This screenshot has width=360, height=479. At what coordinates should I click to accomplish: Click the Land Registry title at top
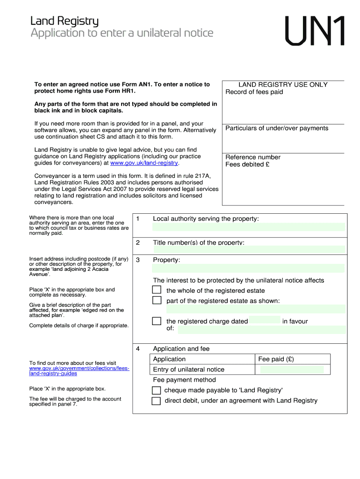(x=65, y=21)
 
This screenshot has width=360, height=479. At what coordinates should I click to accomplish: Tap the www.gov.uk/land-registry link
(x=144, y=163)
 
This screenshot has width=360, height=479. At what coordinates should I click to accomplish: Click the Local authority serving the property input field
(x=248, y=227)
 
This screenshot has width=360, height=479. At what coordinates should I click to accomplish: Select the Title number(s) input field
(x=248, y=249)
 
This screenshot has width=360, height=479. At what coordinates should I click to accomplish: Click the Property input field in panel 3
(x=248, y=269)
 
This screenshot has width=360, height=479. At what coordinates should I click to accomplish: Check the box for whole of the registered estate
(x=157, y=290)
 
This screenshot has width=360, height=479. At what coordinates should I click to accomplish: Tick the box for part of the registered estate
(x=157, y=300)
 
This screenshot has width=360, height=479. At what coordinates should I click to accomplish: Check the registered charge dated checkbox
(x=157, y=321)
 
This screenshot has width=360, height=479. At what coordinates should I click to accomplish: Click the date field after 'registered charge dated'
(x=265, y=321)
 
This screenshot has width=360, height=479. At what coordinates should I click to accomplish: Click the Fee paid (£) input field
(x=292, y=370)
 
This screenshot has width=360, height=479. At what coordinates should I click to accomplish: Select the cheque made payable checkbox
(x=156, y=390)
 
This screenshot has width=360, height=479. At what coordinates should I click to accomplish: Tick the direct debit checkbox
(x=156, y=400)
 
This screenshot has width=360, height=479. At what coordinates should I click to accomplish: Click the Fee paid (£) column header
(x=276, y=359)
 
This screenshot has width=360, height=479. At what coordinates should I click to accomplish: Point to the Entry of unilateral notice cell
(x=189, y=370)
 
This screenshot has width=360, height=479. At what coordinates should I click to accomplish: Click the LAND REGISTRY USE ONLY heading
(x=283, y=85)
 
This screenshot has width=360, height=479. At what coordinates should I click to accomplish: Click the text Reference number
(x=253, y=157)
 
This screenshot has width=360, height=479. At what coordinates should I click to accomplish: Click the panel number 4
(x=138, y=349)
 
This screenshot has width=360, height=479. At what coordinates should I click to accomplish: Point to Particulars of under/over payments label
(x=277, y=128)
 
